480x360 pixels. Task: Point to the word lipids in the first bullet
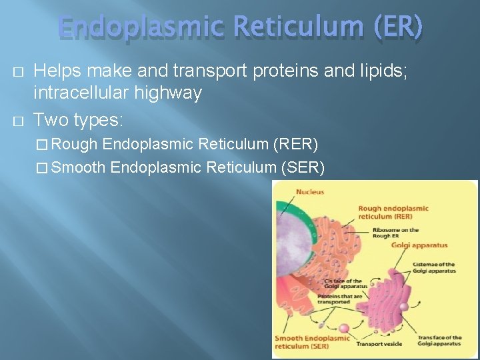point(383,70)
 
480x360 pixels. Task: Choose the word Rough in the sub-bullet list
point(75,145)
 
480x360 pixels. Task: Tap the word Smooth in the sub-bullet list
point(78,167)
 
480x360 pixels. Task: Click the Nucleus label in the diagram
point(311,192)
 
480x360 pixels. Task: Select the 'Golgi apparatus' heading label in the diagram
point(419,245)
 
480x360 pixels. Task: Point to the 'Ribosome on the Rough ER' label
point(396,233)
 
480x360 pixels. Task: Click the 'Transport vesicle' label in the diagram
point(379,344)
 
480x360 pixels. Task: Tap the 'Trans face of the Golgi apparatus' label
point(439,341)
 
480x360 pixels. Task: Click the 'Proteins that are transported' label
point(340,299)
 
